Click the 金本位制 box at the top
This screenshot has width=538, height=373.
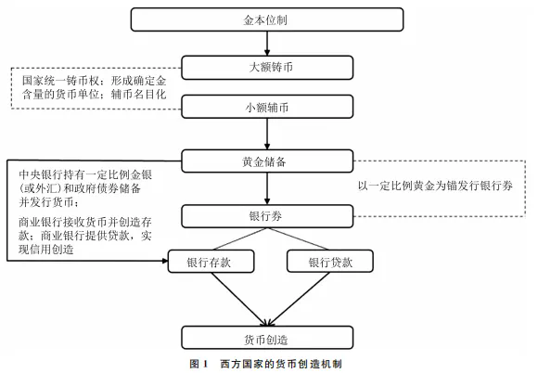(267, 19)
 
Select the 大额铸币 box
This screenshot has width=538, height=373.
(267, 68)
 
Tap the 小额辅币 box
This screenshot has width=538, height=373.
(267, 107)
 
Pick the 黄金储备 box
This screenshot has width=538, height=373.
(267, 161)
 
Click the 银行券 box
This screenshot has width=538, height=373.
(267, 216)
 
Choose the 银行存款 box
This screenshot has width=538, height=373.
(211, 262)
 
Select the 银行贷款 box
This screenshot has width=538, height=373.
(329, 261)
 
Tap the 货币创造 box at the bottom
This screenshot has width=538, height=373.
(267, 338)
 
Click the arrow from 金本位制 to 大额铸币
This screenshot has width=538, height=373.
(267, 44)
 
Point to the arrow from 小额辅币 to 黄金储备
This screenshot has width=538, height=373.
(267, 134)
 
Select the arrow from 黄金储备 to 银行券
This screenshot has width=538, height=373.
(267, 188)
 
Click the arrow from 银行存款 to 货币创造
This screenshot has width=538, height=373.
(239, 300)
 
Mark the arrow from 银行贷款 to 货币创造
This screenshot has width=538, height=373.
(299, 300)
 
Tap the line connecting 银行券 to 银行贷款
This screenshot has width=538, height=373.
(298, 238)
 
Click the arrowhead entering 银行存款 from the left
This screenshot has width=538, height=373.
(165, 261)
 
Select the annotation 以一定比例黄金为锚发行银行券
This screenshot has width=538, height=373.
(435, 186)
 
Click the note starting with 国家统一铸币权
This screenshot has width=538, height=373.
(95, 87)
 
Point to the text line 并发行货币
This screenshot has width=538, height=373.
(49, 202)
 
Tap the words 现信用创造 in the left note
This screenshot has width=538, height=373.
(46, 250)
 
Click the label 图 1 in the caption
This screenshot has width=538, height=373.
(199, 364)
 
